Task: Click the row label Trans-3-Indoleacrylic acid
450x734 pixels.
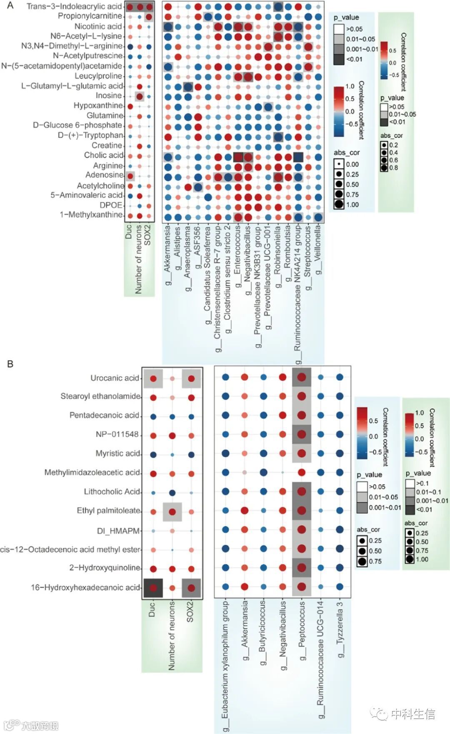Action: [x=74, y=6]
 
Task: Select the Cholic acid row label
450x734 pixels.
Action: [x=104, y=155]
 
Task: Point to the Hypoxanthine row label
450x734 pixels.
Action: [x=98, y=106]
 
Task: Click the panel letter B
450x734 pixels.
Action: [x=10, y=364]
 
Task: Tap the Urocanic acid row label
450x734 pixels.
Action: [x=115, y=378]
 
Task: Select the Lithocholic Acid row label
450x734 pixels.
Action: [x=112, y=492]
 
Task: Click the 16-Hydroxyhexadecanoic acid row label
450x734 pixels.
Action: [x=85, y=588]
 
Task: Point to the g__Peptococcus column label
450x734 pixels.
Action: [x=302, y=631]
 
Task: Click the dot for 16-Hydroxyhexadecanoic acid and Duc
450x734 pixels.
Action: [x=153, y=588]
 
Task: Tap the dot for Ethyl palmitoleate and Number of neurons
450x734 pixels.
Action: [x=172, y=511]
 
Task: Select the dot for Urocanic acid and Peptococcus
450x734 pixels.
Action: [x=302, y=378]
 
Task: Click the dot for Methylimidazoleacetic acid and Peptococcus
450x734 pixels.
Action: [x=302, y=472]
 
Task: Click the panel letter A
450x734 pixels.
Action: [x=10, y=6]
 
